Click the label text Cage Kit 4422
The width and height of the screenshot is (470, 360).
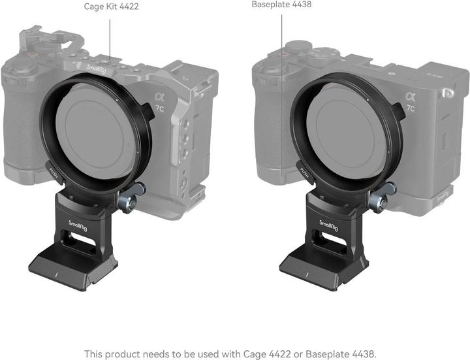111,7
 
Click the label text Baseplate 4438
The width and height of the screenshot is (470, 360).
281,5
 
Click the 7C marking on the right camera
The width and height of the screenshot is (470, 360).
411,108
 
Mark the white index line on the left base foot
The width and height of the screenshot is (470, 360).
57,274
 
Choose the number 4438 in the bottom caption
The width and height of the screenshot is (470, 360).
360,353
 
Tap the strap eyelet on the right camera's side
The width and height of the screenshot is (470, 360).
448,95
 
